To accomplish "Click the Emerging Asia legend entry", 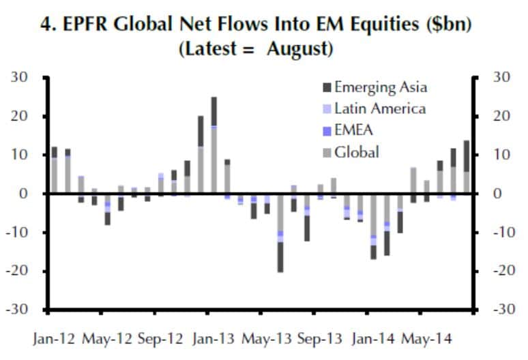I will click(x=380, y=88).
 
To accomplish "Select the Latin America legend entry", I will click(x=380, y=109).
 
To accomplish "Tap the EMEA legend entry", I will click(x=355, y=130).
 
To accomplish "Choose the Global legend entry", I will click(x=356, y=151).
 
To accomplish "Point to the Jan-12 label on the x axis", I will click(x=54, y=339).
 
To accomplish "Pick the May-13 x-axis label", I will click(x=267, y=339).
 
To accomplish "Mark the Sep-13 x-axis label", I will click(x=321, y=339).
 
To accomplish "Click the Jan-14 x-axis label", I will click(x=375, y=339).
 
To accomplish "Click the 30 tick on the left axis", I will click(x=20, y=78).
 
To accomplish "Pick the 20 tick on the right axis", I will click(x=501, y=117).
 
